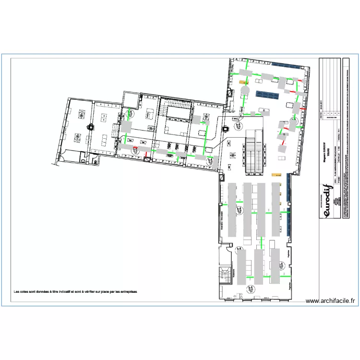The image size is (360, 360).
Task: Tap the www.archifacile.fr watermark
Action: point(332,301)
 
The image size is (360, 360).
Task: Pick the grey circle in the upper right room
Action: point(244,90)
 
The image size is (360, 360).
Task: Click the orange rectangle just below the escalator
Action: point(276,174)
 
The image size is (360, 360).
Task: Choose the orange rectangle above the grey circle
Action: point(243,81)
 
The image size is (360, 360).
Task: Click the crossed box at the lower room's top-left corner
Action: point(221,177)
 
